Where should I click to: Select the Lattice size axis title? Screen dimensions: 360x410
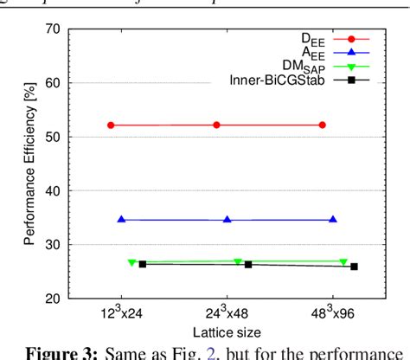(227, 331)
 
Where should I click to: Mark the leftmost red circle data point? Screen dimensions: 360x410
(111, 125)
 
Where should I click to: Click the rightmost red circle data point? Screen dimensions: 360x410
(322, 125)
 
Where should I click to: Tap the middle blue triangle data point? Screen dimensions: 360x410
(227, 220)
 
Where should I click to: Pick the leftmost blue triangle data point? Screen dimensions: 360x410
(121, 220)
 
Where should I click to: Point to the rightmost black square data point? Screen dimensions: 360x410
(354, 267)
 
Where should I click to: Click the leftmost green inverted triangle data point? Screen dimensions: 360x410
(131, 262)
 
